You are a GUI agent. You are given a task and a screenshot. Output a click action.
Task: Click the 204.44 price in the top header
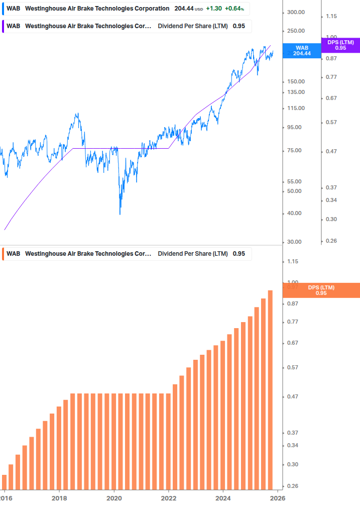pyautogui.click(x=184, y=9)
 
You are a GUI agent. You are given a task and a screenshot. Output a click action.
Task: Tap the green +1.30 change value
pyautogui.click(x=214, y=9)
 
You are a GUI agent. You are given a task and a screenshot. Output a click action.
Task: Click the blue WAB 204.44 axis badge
pyautogui.click(x=302, y=51)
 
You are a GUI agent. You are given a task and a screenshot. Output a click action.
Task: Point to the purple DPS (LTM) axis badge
pyautogui.click(x=340, y=45)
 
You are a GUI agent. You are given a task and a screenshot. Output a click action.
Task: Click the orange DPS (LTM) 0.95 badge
pyautogui.click(x=321, y=290)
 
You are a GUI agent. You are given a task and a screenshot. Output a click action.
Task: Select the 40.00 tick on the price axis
pyautogui.click(x=294, y=213)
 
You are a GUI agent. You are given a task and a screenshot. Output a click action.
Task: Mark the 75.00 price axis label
pyautogui.click(x=294, y=151)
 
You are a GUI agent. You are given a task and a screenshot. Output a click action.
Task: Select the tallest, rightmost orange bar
pyautogui.click(x=270, y=389)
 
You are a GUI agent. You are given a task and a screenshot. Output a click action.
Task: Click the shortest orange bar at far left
pyautogui.click(x=5, y=481)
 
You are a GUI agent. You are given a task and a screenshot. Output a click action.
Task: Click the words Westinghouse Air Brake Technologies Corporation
pyautogui.click(x=97, y=9)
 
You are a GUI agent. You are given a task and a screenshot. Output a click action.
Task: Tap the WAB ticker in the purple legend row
pyautogui.click(x=13, y=26)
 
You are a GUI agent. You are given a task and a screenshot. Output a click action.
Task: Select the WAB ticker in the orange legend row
pyautogui.click(x=13, y=254)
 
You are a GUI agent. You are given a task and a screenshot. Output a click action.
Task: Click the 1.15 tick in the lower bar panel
pyautogui.click(x=293, y=261)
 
